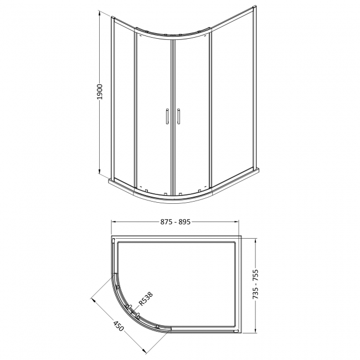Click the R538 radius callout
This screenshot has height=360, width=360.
(145, 299)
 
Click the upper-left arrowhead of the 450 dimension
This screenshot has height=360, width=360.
(92, 299)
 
